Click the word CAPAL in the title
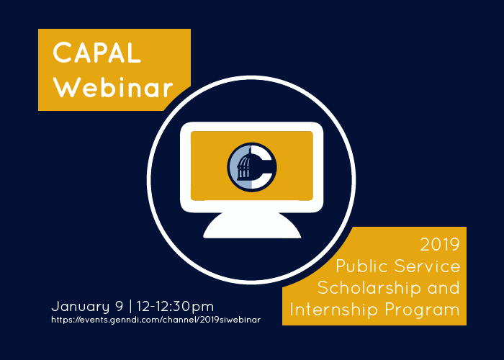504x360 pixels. coord(96,53)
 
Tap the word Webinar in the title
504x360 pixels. coord(113,87)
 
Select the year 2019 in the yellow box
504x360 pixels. coord(440,245)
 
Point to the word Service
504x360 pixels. coord(428,266)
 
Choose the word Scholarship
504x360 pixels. coord(369,288)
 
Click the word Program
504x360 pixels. coord(423,310)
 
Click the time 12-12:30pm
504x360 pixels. coord(175,307)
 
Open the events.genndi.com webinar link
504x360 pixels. coord(156,320)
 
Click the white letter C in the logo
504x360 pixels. coord(261,167)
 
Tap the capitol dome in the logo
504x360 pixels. coord(244,166)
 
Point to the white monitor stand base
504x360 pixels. coord(252,225)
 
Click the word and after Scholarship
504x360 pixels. coord(444,288)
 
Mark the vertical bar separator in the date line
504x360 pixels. coord(130,306)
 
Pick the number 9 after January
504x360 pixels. coord(120,306)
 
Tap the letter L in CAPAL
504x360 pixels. coord(135,53)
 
